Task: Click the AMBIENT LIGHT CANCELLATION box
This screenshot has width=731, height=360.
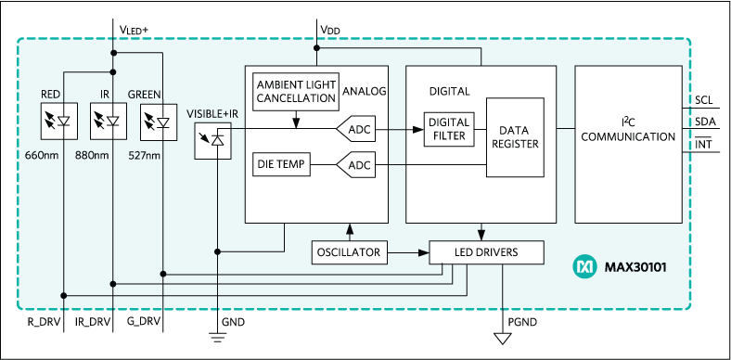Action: [295, 92]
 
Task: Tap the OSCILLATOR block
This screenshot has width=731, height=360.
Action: [348, 251]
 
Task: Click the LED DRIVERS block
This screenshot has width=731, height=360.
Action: [486, 252]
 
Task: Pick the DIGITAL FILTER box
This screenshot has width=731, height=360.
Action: [448, 129]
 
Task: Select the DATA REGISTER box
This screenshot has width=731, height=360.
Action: [513, 136]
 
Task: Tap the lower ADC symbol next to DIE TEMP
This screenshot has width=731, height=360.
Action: [357, 166]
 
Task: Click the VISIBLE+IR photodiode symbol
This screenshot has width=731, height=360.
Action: [214, 141]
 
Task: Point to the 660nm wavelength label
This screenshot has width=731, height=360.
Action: [42, 154]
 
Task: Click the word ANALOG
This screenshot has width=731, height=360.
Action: [364, 91]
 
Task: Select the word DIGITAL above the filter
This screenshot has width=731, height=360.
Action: [449, 91]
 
